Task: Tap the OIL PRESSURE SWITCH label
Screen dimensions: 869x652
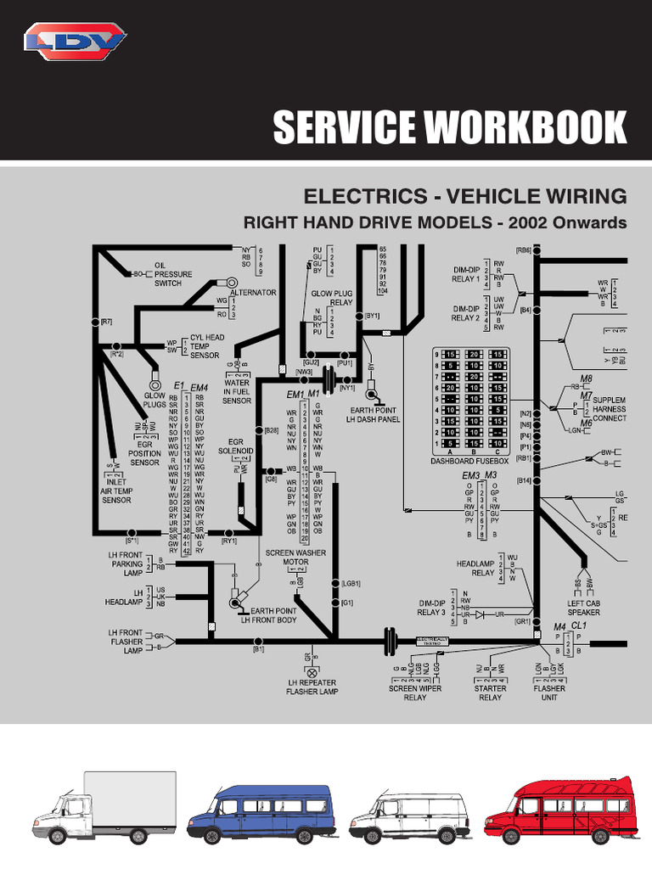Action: coord(173,274)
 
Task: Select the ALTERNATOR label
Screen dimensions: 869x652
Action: coord(253,292)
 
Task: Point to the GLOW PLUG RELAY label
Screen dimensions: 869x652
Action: coord(332,297)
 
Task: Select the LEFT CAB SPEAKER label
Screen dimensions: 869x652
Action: coord(584,607)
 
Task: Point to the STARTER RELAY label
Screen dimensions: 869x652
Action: coord(490,692)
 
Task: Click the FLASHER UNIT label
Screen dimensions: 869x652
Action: coord(549,692)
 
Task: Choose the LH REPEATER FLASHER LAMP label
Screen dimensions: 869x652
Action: coord(312,687)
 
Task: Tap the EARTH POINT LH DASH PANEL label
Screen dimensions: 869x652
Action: coord(375,414)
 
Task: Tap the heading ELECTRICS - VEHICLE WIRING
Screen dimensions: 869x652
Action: coord(465,197)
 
